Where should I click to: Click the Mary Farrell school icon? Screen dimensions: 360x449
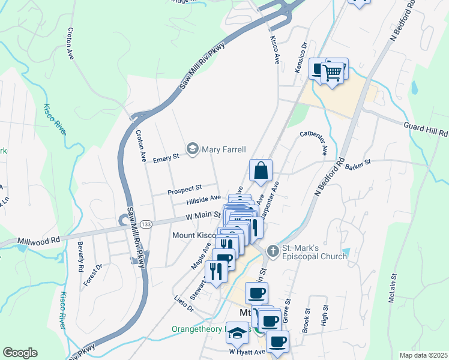[x=193, y=148]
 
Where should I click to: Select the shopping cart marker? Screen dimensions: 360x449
[x=332, y=73]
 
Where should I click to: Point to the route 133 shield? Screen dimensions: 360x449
[x=145, y=224]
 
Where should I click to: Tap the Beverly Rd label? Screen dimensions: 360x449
[x=80, y=254]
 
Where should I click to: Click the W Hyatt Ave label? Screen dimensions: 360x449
[x=247, y=352]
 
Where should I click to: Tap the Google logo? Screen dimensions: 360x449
[x=20, y=353]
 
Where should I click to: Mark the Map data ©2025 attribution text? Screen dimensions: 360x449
[x=423, y=355]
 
